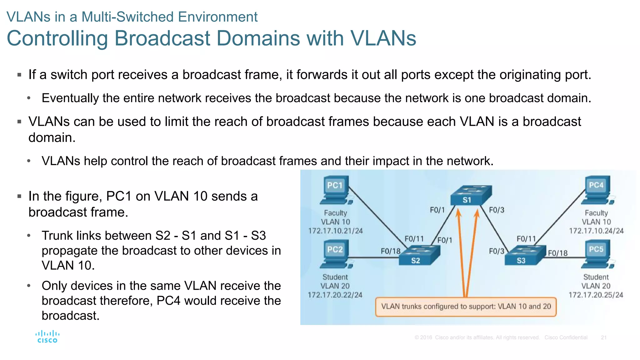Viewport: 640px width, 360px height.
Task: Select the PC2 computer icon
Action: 335,254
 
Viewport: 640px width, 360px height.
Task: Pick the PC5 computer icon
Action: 597,254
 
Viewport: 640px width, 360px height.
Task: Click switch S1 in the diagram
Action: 470,195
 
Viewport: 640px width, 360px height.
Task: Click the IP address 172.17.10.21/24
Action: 335,231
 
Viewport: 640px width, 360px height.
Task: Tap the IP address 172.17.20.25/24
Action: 596,295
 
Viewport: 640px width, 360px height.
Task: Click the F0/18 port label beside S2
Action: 390,251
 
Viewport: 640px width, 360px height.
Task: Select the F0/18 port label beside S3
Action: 557,253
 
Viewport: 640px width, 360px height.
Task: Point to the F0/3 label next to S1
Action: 496,210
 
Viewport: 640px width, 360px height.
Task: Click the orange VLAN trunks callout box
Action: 466,307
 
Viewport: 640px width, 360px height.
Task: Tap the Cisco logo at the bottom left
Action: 47,337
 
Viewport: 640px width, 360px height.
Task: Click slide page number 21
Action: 604,337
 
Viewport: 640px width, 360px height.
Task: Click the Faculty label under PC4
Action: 596,213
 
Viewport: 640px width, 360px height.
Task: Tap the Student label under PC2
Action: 335,277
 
